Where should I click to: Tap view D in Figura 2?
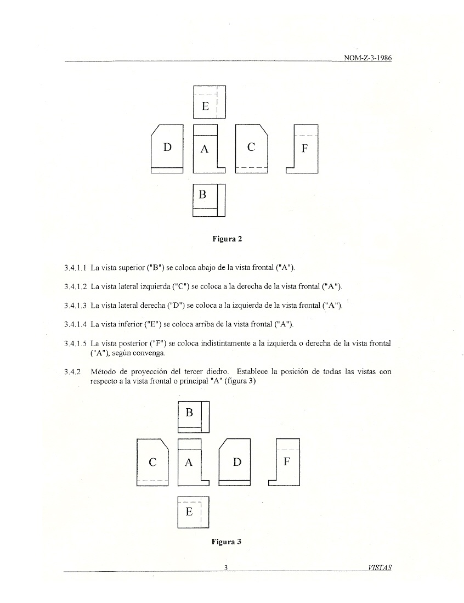[167, 149]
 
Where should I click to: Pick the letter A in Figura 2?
[205, 149]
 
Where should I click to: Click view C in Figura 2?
[251, 149]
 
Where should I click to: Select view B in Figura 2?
[209, 200]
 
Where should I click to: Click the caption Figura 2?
[227, 239]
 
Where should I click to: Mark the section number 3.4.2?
[72, 371]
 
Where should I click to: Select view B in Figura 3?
[194, 418]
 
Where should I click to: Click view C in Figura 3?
[152, 462]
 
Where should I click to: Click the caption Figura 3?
[227, 542]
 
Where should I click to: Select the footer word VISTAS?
[380, 567]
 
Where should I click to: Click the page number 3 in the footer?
[226, 567]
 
